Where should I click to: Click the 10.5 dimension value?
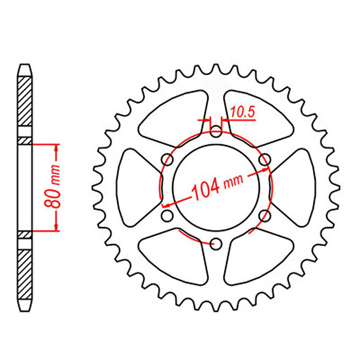click(x=242, y=112)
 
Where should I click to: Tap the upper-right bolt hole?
click(x=264, y=159)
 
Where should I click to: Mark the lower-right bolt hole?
click(x=264, y=215)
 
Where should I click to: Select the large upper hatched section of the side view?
click(x=25, y=101)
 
